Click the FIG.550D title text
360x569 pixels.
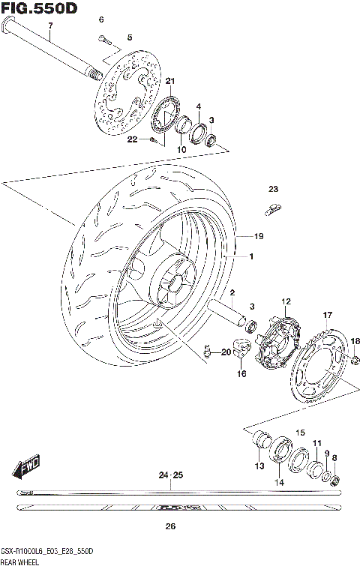point(39,8)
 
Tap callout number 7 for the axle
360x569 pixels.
point(50,27)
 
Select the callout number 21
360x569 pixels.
point(169,81)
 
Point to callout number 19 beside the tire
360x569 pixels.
point(259,237)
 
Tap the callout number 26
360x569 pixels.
point(170,526)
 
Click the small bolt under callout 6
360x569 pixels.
point(104,39)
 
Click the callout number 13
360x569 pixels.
point(259,466)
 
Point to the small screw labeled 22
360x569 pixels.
point(154,141)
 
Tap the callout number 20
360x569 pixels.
point(226,352)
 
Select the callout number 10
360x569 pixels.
point(181,150)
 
